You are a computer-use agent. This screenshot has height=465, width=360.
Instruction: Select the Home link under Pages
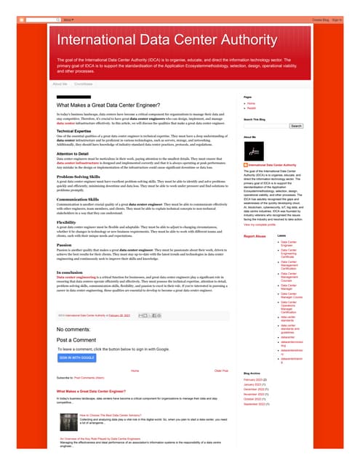[252, 103]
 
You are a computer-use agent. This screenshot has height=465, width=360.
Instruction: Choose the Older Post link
[221, 371]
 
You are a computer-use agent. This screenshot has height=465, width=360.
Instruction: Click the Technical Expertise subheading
[80, 131]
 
